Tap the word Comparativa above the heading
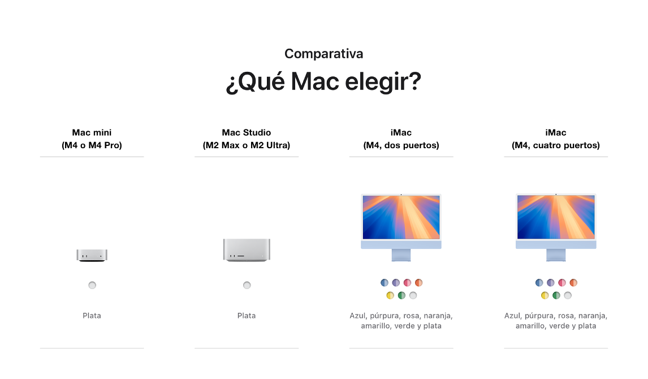[x=323, y=54]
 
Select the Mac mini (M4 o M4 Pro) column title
[x=92, y=139]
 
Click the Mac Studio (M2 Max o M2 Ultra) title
[x=247, y=139]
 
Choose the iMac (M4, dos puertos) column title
[x=401, y=139]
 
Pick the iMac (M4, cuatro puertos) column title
[x=556, y=139]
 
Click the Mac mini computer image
[x=92, y=255]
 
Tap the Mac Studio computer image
[x=247, y=249]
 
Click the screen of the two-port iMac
[x=401, y=217]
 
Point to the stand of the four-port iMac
[x=556, y=255]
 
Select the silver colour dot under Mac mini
[x=92, y=285]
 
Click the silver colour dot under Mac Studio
[x=247, y=285]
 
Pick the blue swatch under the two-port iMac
[x=385, y=283]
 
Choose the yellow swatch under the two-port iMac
[x=390, y=295]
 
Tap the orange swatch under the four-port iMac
[x=573, y=283]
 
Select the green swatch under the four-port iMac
[x=556, y=295]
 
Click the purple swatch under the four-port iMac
[x=550, y=283]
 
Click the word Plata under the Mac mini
[x=92, y=316]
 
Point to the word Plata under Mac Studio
[x=247, y=316]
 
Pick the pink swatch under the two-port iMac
[x=407, y=283]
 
